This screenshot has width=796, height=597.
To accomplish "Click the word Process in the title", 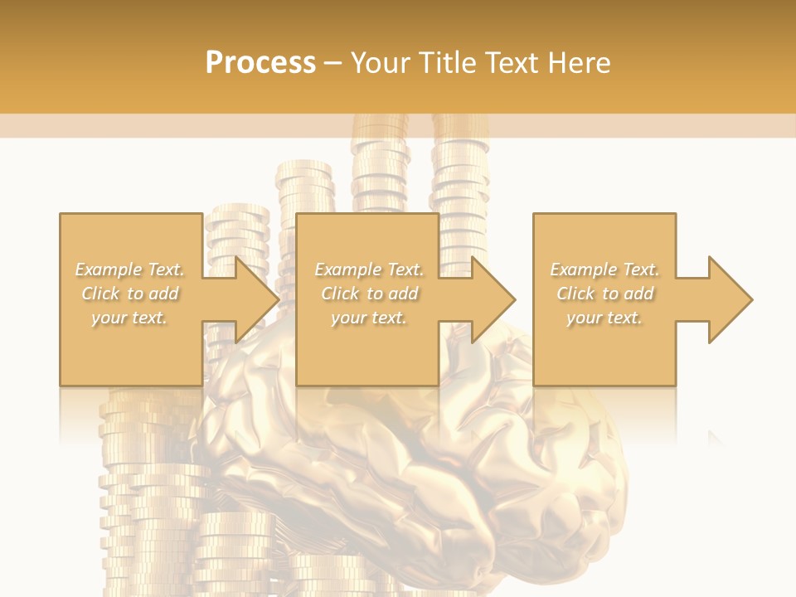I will click(x=260, y=63).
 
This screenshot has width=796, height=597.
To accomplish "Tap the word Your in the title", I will click(x=382, y=63).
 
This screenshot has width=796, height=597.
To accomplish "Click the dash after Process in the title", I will click(x=333, y=64).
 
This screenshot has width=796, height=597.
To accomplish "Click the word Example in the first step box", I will click(x=109, y=269).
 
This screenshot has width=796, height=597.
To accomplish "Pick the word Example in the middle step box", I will click(x=347, y=269).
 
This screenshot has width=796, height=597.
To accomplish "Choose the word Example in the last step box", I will click(x=583, y=269).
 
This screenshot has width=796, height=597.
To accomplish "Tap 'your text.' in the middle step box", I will click(x=369, y=318).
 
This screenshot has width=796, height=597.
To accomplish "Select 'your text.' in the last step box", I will click(x=604, y=318).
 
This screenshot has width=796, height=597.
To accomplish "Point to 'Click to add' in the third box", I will click(x=605, y=294).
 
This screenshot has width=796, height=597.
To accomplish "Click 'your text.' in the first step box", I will click(x=129, y=318).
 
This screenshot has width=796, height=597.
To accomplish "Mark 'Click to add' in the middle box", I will click(x=370, y=294).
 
